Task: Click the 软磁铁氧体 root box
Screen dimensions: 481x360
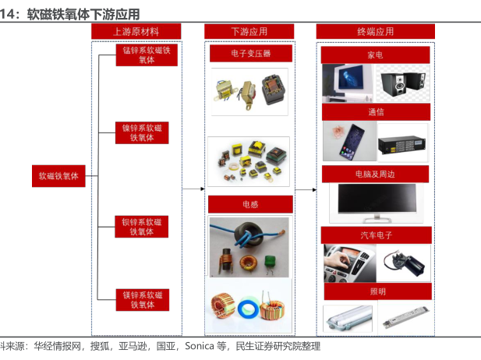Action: (x=58, y=176)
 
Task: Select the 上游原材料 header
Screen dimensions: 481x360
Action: (x=136, y=32)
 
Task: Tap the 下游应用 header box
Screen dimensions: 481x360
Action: (x=249, y=32)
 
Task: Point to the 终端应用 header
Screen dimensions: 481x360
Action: (x=376, y=32)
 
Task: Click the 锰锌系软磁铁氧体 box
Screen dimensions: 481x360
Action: (x=147, y=55)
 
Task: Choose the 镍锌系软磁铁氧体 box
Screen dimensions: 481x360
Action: (x=142, y=132)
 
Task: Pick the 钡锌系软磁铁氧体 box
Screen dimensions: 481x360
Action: (x=142, y=227)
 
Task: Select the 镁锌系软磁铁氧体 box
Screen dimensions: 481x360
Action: (x=143, y=300)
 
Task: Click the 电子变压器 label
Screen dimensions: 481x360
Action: (x=251, y=54)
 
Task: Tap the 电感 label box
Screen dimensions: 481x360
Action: (x=250, y=204)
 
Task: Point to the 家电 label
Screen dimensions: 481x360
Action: (x=376, y=55)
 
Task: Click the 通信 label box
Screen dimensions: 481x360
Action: (x=376, y=112)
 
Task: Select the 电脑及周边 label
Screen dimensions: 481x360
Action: (x=376, y=175)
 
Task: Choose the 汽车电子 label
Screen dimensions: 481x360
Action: (x=377, y=235)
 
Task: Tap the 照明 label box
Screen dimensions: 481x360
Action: (x=378, y=291)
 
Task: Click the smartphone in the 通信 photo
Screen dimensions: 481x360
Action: (x=352, y=139)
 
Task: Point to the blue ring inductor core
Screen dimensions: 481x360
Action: (x=249, y=309)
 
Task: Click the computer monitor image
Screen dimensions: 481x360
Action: (x=377, y=203)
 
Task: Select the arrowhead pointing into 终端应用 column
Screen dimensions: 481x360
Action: (x=314, y=190)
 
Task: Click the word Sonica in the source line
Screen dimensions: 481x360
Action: (x=200, y=346)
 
